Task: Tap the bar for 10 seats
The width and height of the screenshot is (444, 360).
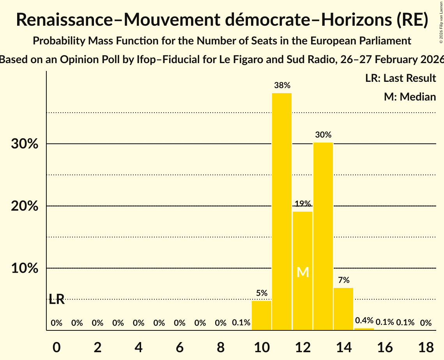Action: (x=262, y=316)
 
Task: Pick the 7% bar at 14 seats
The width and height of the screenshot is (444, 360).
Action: (x=343, y=309)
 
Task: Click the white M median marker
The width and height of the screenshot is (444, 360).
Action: (x=302, y=272)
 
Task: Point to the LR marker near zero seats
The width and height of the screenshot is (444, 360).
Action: (x=57, y=300)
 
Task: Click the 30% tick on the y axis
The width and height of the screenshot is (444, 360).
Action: (x=25, y=144)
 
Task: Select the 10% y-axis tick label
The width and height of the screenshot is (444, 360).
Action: (x=25, y=268)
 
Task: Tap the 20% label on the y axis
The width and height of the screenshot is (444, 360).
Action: (x=25, y=206)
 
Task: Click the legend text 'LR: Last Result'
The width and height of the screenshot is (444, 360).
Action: (x=400, y=78)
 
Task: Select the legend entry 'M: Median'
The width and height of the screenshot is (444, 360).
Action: (x=410, y=97)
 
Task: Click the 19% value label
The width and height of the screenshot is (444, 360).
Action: (x=302, y=203)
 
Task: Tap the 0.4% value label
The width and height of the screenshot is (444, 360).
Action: (x=364, y=320)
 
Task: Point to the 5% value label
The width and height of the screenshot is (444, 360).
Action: (x=262, y=293)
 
